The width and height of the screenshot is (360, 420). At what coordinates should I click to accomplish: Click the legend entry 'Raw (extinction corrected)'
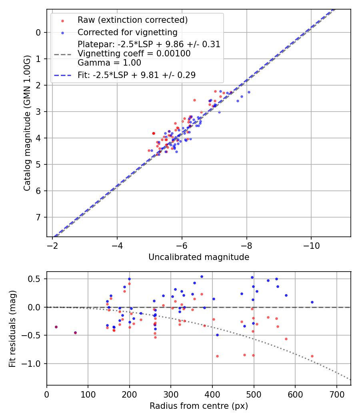tap(132, 20)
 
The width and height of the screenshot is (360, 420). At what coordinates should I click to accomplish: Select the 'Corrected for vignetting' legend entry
tap(127, 32)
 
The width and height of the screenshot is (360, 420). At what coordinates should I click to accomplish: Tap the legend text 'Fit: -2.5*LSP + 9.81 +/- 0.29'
tap(136, 75)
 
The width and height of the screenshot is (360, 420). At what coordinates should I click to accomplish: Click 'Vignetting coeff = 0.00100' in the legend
tap(134, 53)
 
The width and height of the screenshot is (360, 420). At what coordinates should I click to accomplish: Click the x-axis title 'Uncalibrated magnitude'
tap(199, 257)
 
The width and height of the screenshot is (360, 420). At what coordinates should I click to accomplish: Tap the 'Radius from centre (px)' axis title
tap(199, 406)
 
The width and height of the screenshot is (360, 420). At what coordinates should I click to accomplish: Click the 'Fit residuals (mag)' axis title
tap(12, 328)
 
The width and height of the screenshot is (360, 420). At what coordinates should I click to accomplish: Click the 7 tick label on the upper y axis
tap(38, 217)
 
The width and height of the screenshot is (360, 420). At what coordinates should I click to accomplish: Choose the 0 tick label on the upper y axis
tap(38, 32)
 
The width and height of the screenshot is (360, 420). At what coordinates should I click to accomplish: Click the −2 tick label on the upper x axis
tap(52, 245)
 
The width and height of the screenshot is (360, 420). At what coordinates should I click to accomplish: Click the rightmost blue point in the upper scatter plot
tap(249, 92)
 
